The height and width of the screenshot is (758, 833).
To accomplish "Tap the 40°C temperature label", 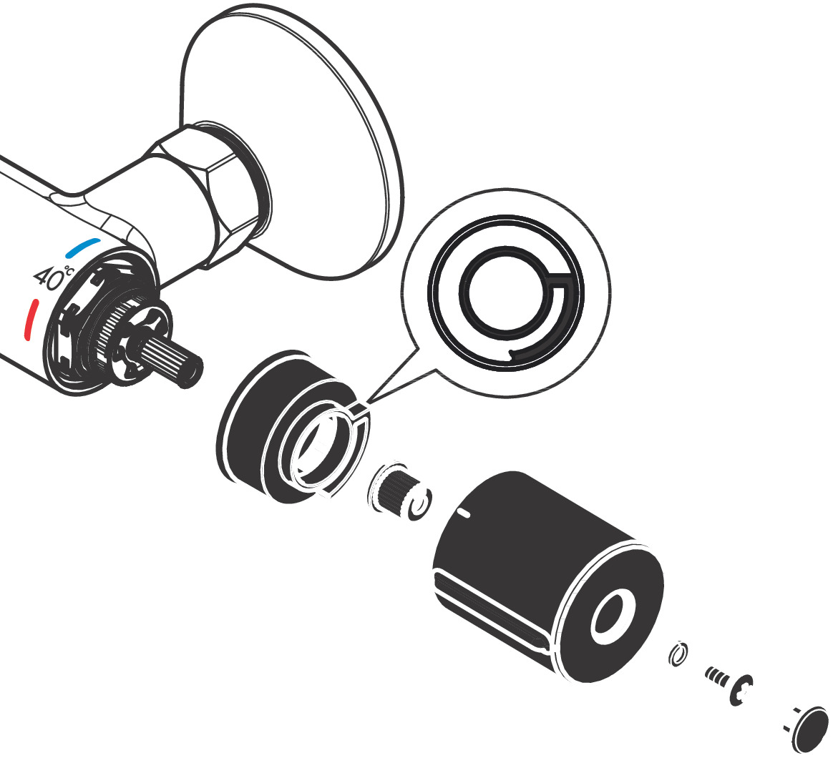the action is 53,277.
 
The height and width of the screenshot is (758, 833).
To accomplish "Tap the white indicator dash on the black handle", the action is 464,513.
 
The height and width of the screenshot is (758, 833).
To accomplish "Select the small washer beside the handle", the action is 678,654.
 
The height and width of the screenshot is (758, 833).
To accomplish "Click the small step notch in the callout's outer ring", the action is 511,354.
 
